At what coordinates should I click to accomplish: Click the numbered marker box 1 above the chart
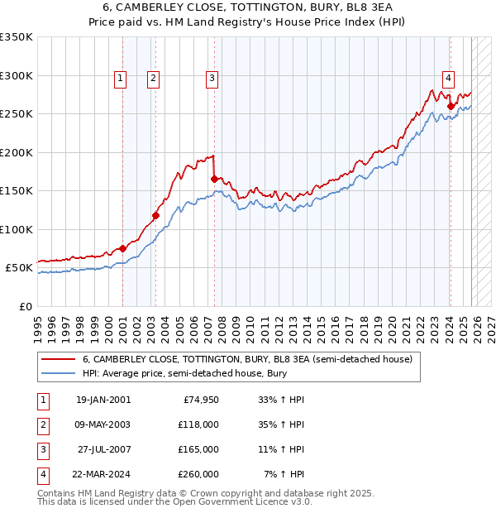click(121, 79)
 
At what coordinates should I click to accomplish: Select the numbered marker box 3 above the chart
click(212, 79)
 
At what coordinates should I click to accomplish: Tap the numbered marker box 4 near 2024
click(448, 79)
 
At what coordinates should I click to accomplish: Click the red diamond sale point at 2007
click(214, 179)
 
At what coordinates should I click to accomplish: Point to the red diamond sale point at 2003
click(155, 216)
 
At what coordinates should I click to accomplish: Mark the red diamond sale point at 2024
click(451, 106)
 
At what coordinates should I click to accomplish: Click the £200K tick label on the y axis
click(17, 152)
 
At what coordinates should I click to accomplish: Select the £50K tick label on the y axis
click(19, 268)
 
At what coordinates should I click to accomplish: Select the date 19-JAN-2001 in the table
click(103, 400)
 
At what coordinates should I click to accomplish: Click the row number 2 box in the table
click(43, 424)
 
